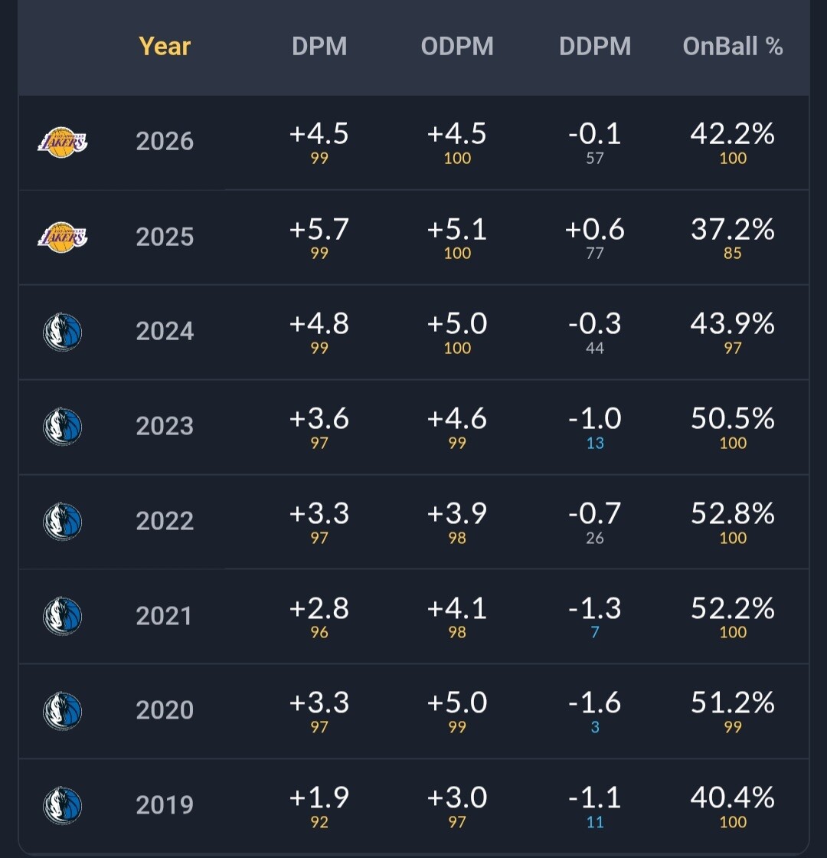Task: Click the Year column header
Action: pos(165,47)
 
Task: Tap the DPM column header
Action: pos(319,47)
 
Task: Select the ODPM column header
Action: pos(457,47)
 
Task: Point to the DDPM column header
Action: pos(595,47)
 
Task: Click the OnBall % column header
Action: pos(733,47)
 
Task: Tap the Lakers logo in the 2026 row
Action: pos(62,142)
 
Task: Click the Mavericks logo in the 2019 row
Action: pos(62,805)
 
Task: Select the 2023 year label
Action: pos(165,426)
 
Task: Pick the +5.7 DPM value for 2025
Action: pos(319,229)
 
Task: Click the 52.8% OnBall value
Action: pos(733,514)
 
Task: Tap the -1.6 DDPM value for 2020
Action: pos(595,703)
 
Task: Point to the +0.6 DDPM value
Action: pos(594,229)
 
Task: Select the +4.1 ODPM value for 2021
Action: pos(456,609)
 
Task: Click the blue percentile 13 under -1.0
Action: pos(595,443)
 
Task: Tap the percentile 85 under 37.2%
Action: pos(733,253)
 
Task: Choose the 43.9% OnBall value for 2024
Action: pos(733,324)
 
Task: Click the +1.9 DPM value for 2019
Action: pos(319,797)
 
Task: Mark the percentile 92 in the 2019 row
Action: pos(319,822)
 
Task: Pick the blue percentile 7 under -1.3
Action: pos(595,632)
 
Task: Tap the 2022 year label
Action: pos(165,521)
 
